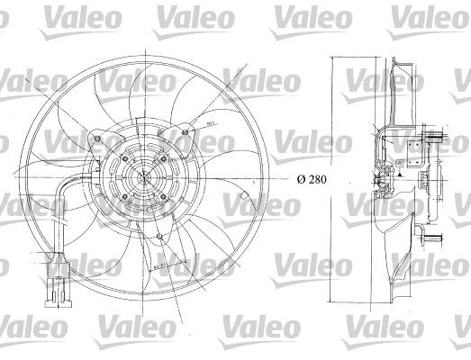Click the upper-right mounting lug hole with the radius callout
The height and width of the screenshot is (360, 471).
point(184,136)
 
